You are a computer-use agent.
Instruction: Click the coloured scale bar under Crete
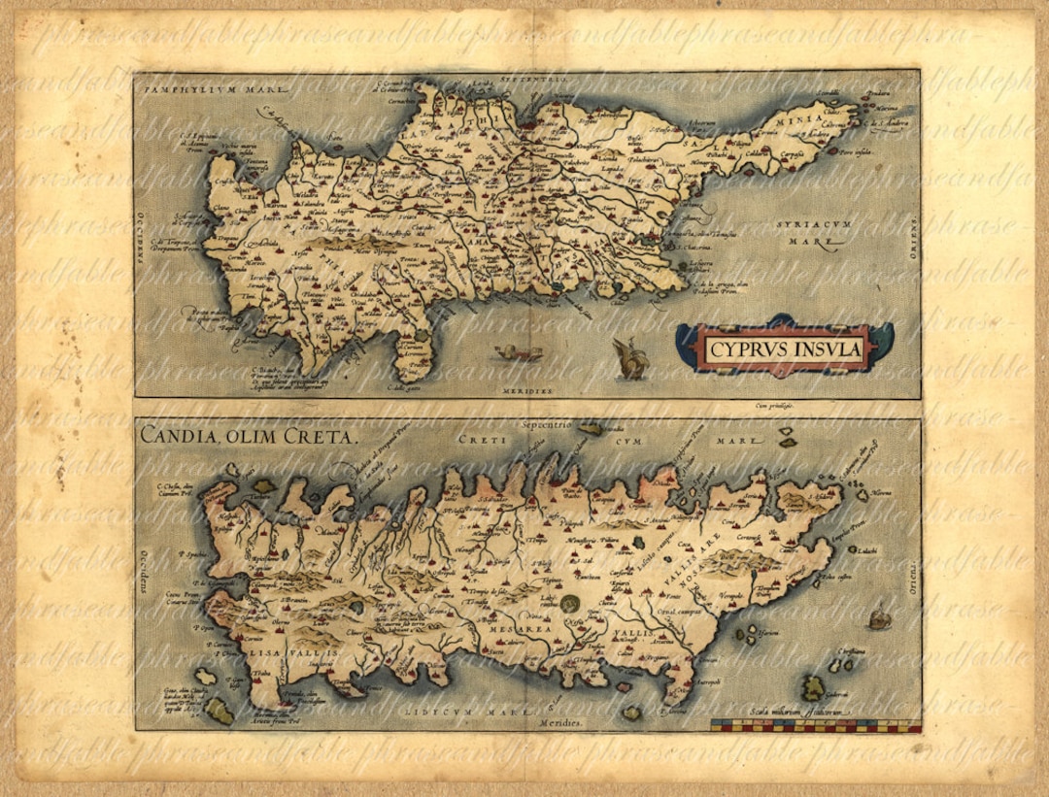pyautogui.click(x=815, y=725)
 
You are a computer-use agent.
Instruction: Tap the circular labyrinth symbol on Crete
pyautogui.click(x=570, y=603)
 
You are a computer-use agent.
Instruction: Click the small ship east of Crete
pyautogui.click(x=879, y=616)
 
